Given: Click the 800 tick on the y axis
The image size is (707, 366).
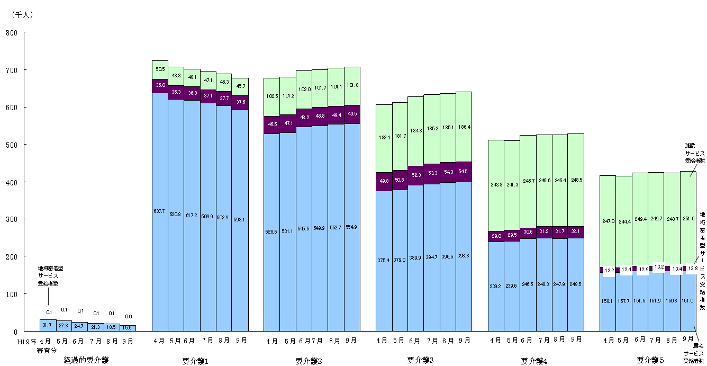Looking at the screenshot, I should [12, 33].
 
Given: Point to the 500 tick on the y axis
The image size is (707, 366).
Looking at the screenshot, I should [12, 145].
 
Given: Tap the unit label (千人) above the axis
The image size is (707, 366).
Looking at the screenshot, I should [22, 15].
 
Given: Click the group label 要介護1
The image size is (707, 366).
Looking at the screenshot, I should [195, 361].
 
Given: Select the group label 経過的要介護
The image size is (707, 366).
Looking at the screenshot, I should [86, 360].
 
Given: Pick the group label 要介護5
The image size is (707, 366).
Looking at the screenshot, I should [650, 360].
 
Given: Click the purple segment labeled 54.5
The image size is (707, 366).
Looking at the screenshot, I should [464, 172].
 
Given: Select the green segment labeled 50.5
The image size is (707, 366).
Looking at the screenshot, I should [160, 69].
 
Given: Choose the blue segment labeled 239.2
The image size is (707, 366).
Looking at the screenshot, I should [496, 286].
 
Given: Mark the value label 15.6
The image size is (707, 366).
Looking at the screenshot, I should [128, 328].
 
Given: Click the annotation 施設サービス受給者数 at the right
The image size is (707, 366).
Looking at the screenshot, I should [694, 153].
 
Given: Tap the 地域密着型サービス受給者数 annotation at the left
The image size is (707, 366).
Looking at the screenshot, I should [50, 276].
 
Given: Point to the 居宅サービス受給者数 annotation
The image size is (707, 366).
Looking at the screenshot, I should [694, 353].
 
